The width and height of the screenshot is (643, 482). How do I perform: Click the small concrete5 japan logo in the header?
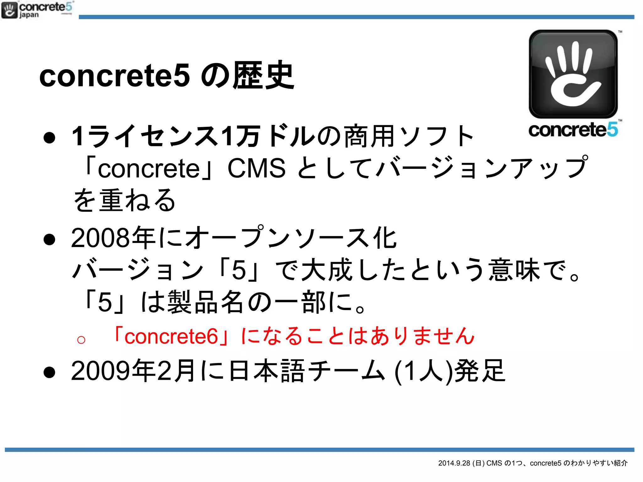[x=37, y=10]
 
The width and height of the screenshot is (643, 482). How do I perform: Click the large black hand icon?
[x=573, y=74]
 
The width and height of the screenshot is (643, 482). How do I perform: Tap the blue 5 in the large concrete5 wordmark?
[x=612, y=130]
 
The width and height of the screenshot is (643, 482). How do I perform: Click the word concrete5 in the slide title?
[x=115, y=76]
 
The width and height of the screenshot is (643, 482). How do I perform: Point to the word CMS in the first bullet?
[x=256, y=168]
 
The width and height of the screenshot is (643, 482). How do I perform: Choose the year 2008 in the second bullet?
[x=100, y=238]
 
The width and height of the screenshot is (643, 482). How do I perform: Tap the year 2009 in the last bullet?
[x=100, y=371]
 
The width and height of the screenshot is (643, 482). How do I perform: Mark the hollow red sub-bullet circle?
[x=81, y=340]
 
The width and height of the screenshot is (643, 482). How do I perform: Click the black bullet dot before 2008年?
[x=50, y=240]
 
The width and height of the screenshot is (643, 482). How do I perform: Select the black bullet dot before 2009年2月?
[x=50, y=373]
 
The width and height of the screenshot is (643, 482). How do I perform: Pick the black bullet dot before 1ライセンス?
[x=50, y=138]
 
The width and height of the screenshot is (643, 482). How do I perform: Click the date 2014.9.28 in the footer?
[x=454, y=463]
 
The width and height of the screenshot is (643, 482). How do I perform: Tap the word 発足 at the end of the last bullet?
[x=480, y=371]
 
